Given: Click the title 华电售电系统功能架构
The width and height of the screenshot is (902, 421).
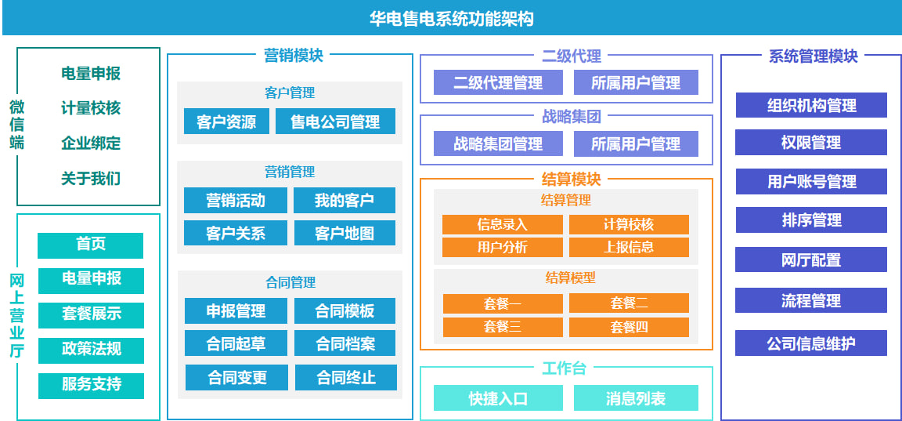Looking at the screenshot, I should tap(451, 18).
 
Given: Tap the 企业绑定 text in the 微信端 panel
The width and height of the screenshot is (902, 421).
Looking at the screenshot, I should tap(91, 143).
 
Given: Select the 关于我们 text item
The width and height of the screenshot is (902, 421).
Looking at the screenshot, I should tap(91, 178).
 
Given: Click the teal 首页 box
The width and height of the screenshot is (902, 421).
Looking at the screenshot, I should tap(91, 245).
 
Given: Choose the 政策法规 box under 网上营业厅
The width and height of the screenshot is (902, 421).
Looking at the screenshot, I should tap(91, 349).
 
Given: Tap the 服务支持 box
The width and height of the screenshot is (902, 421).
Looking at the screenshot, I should tap(91, 385).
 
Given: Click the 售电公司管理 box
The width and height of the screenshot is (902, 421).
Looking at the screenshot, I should tap(335, 122).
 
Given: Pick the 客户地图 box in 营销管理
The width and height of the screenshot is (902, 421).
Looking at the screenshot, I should tap(345, 233).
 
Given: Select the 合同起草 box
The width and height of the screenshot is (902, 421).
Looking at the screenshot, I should tap(236, 343).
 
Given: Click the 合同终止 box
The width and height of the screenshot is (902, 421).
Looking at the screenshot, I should tap(346, 378).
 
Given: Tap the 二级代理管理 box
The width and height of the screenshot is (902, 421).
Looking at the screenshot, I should tap(499, 82).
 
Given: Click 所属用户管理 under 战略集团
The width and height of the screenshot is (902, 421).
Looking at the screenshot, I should tap(636, 144).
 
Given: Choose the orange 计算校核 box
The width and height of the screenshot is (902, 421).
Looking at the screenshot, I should tap(629, 224).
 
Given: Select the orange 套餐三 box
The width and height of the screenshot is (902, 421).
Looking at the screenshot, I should tap(502, 327).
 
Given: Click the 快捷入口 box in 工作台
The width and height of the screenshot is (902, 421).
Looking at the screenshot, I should tap(499, 398).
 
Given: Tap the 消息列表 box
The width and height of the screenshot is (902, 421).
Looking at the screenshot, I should tap(636, 398).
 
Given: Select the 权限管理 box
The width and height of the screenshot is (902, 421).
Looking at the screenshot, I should tap(811, 143).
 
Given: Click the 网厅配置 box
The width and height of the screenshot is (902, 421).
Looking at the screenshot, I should tap(811, 260).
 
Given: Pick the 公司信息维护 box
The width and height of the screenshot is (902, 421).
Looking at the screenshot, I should tap(811, 343).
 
